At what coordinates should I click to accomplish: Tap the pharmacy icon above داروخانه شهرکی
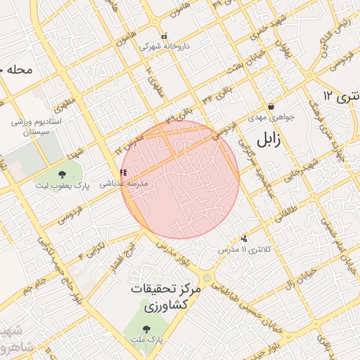pos(164,36)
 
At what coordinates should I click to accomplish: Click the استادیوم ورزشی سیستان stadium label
pos(37,127)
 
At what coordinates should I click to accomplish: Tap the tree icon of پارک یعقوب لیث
pos(63,174)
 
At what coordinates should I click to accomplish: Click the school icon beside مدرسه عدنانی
pos(123,172)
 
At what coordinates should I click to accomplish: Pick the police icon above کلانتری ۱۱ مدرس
pos(244,239)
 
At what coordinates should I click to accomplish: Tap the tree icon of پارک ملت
pos(146,328)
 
